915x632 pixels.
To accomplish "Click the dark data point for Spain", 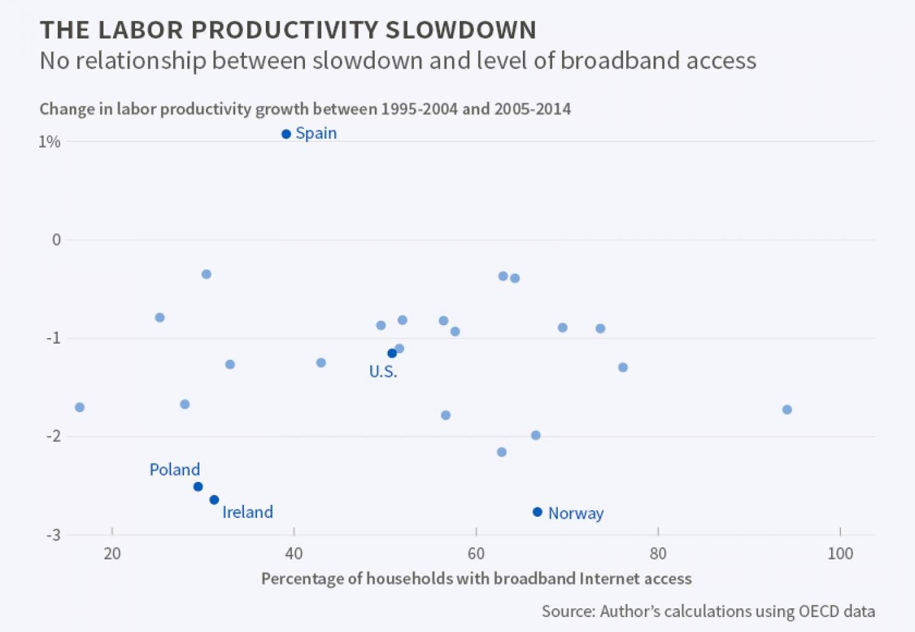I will point(286,134).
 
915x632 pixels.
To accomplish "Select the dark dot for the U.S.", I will point(392,353).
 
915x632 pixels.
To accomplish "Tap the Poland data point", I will point(198,486).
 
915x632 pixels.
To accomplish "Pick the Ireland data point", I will point(214,499).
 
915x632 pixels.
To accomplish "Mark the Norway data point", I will point(538,512).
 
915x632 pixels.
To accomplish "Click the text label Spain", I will point(316,133).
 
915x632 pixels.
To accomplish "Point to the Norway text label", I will point(576,513).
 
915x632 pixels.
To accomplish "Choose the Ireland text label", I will point(248,512).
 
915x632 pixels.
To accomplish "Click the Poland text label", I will point(175,469).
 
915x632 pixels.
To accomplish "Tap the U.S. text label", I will point(383,372).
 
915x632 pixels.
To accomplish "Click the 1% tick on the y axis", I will point(49,142).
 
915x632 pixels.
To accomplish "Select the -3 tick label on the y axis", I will point(54,535).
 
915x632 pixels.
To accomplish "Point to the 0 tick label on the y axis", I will point(57,240).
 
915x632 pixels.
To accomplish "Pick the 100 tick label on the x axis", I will point(840,553).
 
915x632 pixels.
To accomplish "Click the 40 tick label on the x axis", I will point(294,553).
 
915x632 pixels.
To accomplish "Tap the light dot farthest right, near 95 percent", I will point(787,409).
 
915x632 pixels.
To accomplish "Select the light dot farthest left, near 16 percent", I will point(80,407).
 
